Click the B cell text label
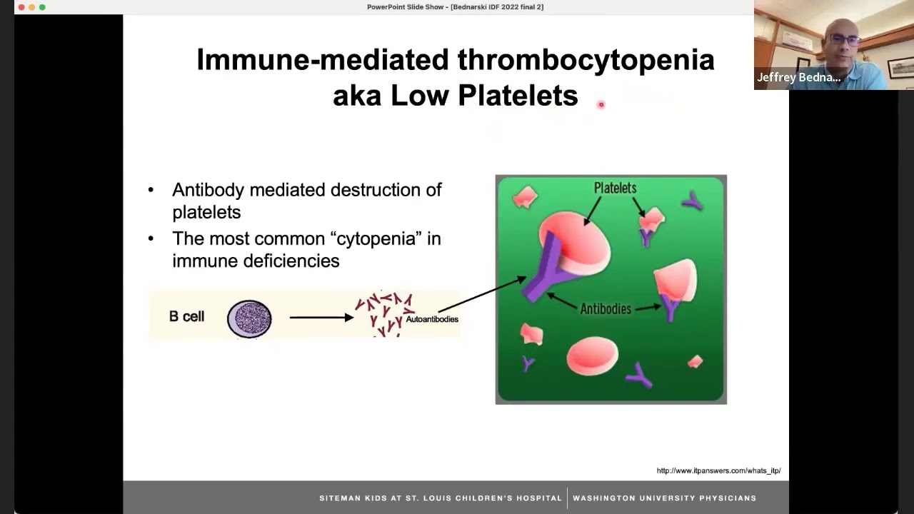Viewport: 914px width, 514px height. click(x=186, y=316)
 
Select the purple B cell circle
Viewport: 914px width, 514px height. click(x=249, y=318)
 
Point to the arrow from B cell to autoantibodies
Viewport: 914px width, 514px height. click(x=321, y=317)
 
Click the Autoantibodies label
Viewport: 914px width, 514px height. click(x=432, y=319)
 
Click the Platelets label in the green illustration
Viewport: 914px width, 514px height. click(x=615, y=188)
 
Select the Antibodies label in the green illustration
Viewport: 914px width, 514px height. click(x=606, y=309)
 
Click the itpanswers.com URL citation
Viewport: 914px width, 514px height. click(x=718, y=470)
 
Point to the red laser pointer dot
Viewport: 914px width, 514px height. click(x=601, y=105)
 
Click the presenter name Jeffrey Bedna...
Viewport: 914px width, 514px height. click(x=798, y=78)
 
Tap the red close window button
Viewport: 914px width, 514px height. click(x=21, y=7)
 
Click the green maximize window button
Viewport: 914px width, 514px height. click(x=42, y=7)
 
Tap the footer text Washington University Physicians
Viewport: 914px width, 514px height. click(x=664, y=498)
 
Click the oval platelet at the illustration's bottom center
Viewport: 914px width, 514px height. click(x=592, y=356)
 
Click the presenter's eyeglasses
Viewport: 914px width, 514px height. click(x=845, y=39)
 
